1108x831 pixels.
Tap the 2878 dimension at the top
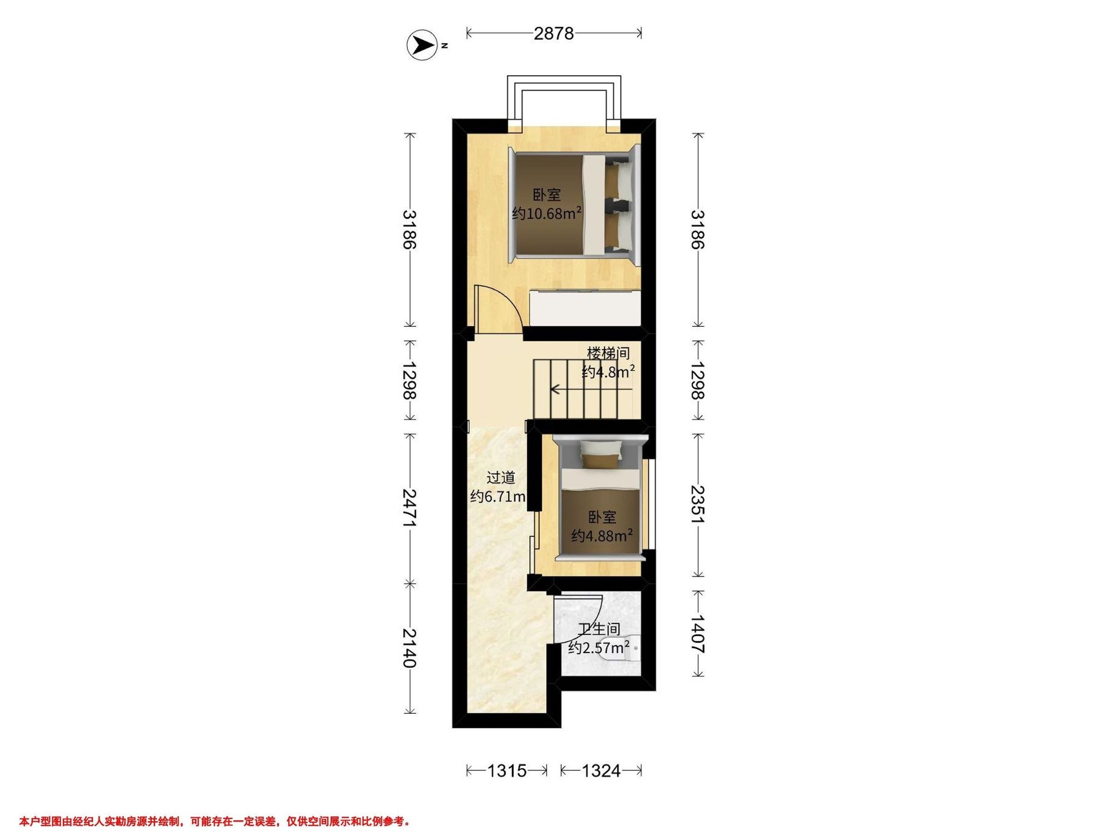pos(554,34)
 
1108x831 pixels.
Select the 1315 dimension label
pos(507,771)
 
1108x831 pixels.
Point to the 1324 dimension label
pos(601,771)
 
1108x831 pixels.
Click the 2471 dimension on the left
pos(410,508)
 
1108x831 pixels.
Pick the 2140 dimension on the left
pos(410,648)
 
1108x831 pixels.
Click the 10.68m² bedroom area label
pos(547,213)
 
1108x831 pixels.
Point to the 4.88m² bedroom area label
pos(602,536)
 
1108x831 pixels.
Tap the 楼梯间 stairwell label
pos(608,353)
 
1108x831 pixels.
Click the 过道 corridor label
pos(501,477)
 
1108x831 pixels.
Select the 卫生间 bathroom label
pos(599,629)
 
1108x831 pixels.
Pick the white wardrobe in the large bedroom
pos(585,307)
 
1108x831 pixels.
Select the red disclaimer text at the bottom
pos(215,807)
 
